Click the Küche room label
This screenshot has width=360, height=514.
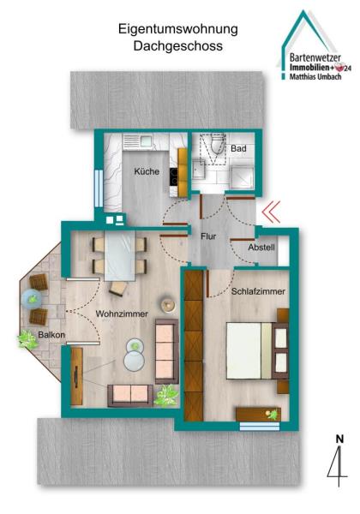pos(147,171)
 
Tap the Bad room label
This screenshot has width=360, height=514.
pos(238,148)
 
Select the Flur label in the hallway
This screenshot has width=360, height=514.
pos(208,236)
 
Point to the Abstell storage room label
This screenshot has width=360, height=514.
pos(261,248)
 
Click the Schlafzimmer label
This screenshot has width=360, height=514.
pos(258,291)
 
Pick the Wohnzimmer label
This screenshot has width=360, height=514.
pos(122,314)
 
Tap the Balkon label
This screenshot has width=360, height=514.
pos(51,335)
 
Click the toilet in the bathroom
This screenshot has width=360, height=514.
pos(217,144)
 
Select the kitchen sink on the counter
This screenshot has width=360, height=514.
pos(138,141)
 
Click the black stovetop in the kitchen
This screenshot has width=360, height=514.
pos(173,176)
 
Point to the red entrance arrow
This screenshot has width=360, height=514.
pos(271,212)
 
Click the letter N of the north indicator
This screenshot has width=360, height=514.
pos(339,439)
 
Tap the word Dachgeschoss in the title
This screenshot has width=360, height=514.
pos(178,46)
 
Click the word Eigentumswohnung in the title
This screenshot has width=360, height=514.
pos(178,29)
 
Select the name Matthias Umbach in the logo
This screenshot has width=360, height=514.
pos(315,77)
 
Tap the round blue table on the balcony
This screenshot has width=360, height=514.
pos(32,299)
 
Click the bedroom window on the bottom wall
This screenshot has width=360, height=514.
pos(260,426)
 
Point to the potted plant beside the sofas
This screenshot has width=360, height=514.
pos(166,396)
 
